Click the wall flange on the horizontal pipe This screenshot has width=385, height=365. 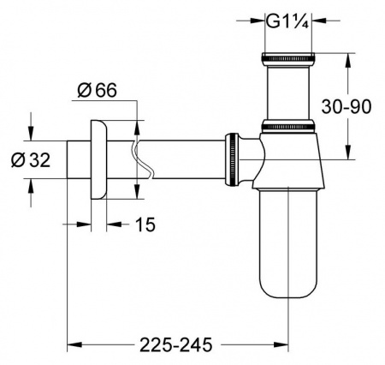[x=97, y=159]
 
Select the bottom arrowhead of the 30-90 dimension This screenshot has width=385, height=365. [x=349, y=154]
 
